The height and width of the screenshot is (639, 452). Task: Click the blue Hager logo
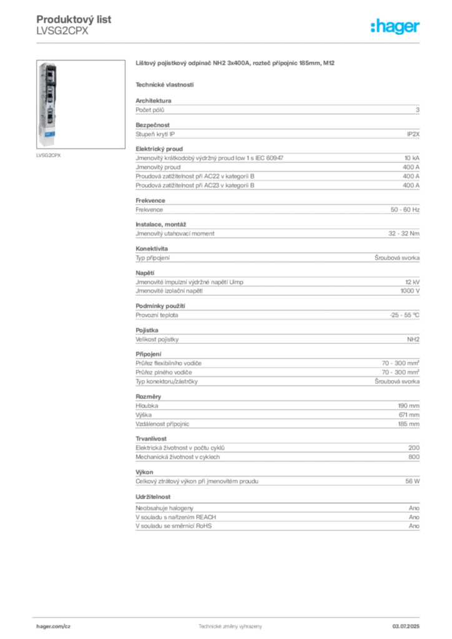(x=396, y=27)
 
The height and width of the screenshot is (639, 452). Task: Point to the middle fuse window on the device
(x=51, y=94)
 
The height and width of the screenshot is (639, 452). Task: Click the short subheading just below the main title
(x=165, y=84)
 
